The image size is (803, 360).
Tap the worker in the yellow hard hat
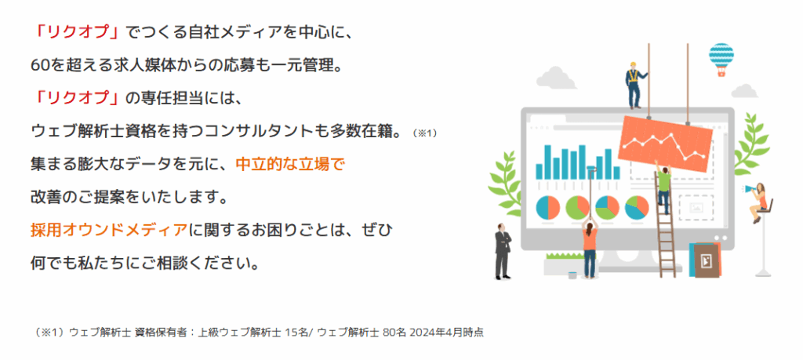(x=633, y=84)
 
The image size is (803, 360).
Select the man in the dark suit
(x=502, y=251)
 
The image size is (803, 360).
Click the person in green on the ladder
(x=663, y=187)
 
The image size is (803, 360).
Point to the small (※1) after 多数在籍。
(x=424, y=133)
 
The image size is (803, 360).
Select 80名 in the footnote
(x=394, y=332)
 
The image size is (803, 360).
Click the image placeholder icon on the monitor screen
(x=695, y=208)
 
